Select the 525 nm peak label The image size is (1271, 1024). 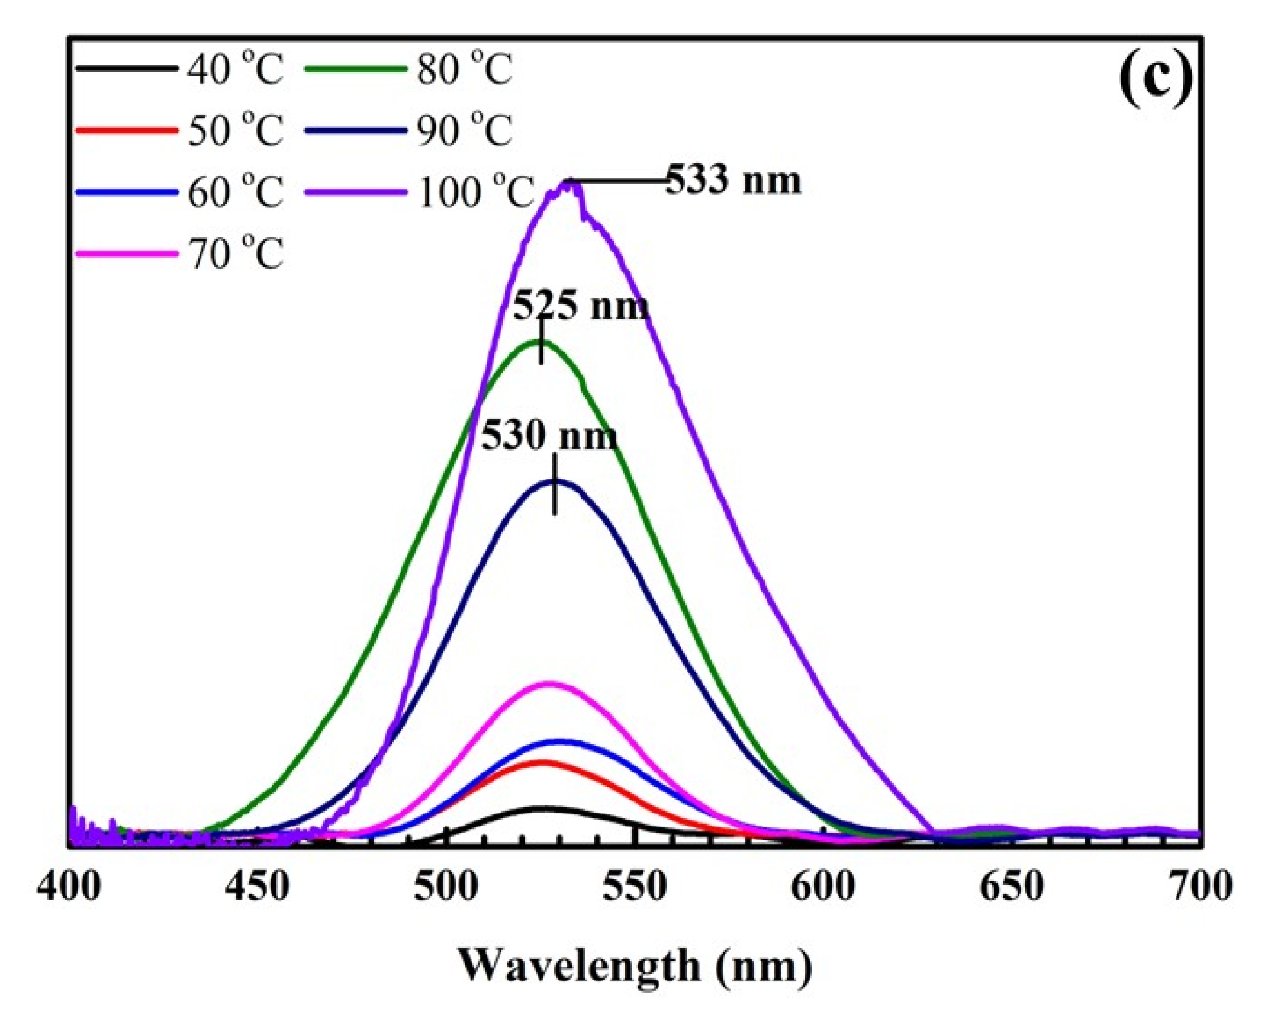click(580, 307)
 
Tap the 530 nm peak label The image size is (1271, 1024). click(549, 436)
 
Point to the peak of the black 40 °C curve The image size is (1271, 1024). click(542, 808)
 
